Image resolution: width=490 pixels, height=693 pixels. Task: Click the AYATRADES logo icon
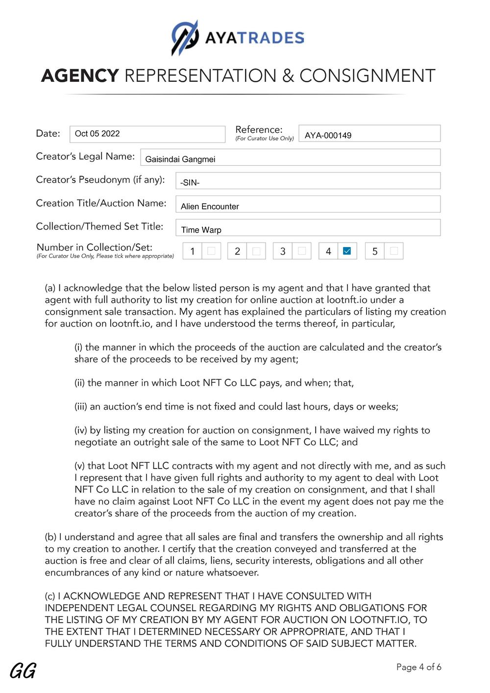coord(185,38)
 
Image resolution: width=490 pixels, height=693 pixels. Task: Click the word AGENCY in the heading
coord(80,76)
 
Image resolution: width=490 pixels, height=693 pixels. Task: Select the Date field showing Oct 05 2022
coord(147,134)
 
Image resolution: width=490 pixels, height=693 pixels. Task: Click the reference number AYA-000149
coord(328,135)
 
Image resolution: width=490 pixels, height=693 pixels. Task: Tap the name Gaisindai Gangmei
coord(180,159)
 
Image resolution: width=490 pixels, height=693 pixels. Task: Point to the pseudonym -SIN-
coord(190,183)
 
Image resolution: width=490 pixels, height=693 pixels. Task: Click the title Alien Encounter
coord(210,206)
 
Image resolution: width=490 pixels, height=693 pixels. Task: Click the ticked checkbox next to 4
coord(347,251)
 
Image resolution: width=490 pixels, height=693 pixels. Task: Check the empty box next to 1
coord(211,251)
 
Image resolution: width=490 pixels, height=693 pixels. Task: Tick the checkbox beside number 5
coord(394,251)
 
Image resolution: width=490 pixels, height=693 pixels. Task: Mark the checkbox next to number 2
coord(256,251)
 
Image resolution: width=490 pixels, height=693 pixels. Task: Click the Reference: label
coord(259,129)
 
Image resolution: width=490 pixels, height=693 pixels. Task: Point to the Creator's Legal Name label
coord(85,156)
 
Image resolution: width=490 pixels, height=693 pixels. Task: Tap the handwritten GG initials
coord(23,671)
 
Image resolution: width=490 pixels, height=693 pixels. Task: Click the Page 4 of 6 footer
coord(418,667)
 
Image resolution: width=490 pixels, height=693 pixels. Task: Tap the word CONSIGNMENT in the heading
coord(367,76)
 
